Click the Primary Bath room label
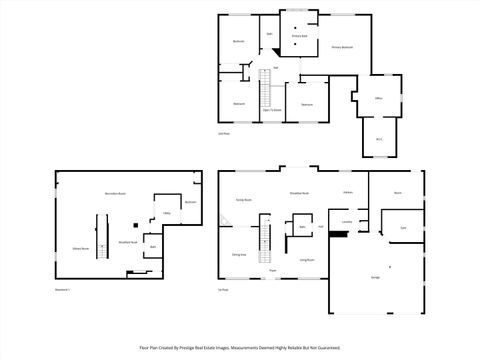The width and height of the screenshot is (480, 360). [299, 36]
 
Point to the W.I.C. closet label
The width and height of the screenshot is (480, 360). [379, 139]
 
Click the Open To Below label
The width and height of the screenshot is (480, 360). [271, 110]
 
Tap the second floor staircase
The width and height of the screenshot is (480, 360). [266, 96]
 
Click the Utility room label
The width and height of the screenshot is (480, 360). [167, 214]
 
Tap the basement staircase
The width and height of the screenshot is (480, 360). [99, 236]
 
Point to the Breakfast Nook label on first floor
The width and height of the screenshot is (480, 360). [298, 193]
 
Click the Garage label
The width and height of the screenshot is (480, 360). [375, 277]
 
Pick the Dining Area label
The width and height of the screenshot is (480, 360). [240, 254]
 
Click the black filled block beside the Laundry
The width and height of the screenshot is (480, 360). [338, 234]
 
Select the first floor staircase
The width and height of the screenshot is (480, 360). [266, 240]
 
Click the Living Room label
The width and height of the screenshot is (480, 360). [307, 260]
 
